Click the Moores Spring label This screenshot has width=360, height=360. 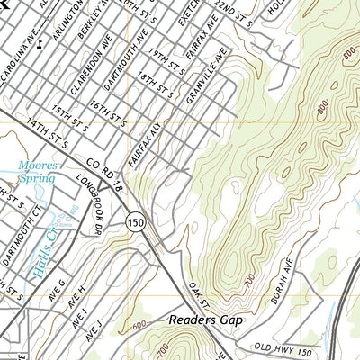(x=37, y=172)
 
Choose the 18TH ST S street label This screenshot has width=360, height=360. (x=155, y=88)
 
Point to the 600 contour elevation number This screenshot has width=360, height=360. (x=138, y=328)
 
